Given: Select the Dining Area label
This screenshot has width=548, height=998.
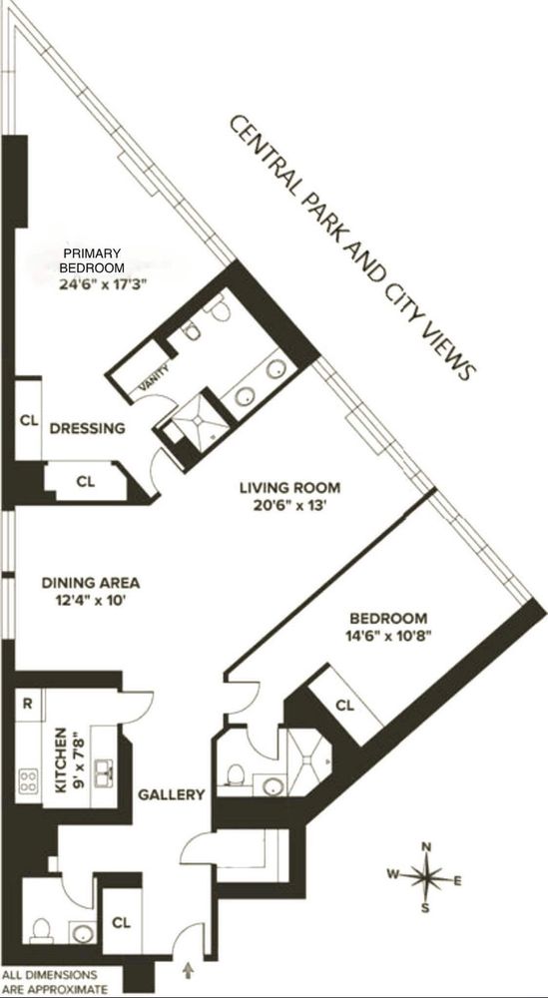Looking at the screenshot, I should [x=90, y=583].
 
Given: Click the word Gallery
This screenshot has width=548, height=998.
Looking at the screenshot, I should [x=172, y=794].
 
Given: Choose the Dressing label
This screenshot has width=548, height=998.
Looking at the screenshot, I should [x=88, y=428].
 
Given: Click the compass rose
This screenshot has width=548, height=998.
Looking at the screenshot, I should [x=427, y=877].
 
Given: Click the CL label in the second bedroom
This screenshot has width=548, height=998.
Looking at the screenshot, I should [x=344, y=706].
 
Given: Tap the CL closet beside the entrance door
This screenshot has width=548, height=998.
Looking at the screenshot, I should [x=124, y=921].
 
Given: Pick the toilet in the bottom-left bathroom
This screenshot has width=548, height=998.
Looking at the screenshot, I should [x=40, y=929].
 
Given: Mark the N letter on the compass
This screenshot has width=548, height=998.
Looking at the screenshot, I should [x=427, y=847].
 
